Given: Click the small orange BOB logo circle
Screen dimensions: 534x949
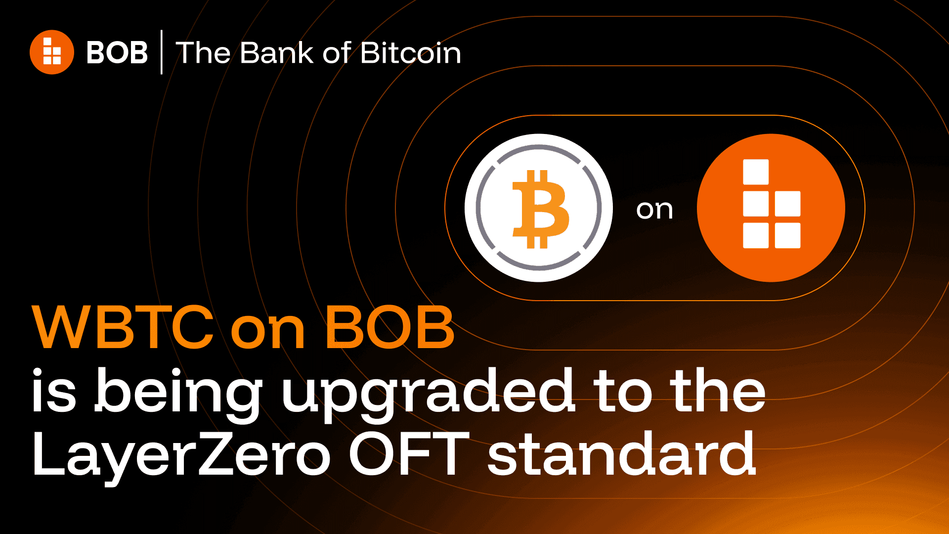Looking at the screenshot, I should click(52, 52).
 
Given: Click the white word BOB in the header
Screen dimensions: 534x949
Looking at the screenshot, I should click(117, 52).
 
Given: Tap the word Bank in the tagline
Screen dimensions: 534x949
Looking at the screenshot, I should click(276, 53).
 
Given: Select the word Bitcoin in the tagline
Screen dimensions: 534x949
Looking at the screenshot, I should click(410, 53).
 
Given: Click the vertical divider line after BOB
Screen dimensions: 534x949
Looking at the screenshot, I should click(162, 52).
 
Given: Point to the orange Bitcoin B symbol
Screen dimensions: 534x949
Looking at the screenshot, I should click(540, 209).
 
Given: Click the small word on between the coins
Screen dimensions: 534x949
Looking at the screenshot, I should click(654, 210).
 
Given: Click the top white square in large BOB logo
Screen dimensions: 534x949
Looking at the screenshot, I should click(756, 172).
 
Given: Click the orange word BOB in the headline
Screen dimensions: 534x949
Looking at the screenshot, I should click(389, 327).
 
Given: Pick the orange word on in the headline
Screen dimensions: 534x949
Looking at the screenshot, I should click(267, 330).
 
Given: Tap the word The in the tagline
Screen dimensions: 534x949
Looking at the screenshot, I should click(203, 53).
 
